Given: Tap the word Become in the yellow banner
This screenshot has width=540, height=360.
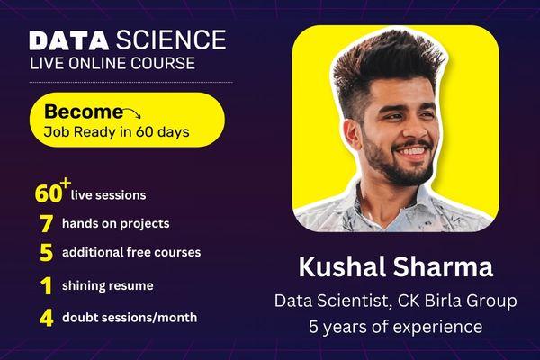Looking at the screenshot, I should (x=83, y=112).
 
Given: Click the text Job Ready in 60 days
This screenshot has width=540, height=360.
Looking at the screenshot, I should (x=117, y=132).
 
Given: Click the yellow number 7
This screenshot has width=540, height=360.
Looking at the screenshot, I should (x=45, y=223).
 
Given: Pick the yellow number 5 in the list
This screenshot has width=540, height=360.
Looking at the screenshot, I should (x=46, y=253).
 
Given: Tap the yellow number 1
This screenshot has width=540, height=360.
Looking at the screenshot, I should (x=46, y=285).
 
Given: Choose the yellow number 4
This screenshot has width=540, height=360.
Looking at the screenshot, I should (x=46, y=317).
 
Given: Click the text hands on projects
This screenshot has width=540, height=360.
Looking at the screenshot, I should (x=115, y=223).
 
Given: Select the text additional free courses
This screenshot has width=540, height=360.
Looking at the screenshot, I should (x=130, y=253).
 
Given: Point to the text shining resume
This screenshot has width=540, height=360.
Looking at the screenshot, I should (x=107, y=285).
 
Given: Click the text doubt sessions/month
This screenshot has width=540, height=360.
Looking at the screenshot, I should (x=130, y=317).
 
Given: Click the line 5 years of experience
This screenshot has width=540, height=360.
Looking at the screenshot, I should (x=396, y=327).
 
